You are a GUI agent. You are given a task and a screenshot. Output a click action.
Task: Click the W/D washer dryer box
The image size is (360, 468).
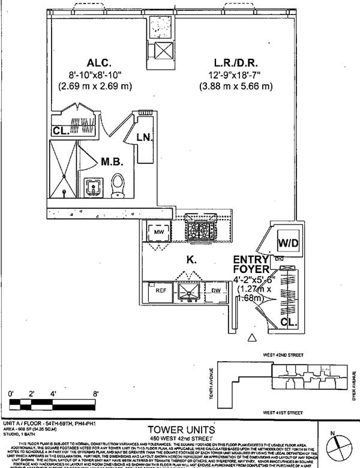[286, 244]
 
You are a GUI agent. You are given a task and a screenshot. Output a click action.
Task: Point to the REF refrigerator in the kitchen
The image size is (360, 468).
[161, 290]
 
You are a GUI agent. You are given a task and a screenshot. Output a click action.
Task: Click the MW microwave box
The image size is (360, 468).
[160, 231]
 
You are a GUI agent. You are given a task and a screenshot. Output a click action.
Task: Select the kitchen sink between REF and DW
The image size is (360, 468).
[190, 292]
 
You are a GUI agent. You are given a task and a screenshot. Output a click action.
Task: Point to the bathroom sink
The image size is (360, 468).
[94, 187]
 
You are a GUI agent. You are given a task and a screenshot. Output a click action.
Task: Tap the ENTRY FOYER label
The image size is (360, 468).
[253, 265]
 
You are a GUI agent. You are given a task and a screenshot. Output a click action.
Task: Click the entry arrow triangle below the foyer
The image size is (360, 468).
[252, 338]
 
